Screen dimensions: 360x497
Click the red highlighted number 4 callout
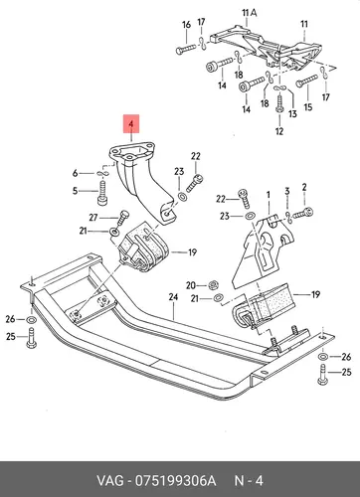[131, 123]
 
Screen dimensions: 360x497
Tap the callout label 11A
[250, 13]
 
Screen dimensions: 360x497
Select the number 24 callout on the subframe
[173, 297]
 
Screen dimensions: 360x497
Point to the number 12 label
[279, 131]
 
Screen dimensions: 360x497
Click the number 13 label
[292, 114]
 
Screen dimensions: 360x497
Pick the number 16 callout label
[186, 25]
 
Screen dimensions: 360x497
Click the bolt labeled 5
[102, 193]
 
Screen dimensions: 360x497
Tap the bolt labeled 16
[186, 50]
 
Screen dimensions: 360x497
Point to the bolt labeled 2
[303, 213]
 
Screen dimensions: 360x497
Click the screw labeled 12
[279, 104]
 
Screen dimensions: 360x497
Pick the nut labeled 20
[213, 284]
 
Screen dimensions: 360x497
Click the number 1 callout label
[269, 195]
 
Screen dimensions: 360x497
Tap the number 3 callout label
[287, 191]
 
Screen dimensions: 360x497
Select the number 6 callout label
[76, 173]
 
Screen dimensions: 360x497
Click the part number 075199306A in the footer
[175, 480]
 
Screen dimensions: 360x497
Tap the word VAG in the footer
[110, 480]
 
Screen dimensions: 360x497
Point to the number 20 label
[191, 285]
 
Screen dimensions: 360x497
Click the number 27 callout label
[93, 218]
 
